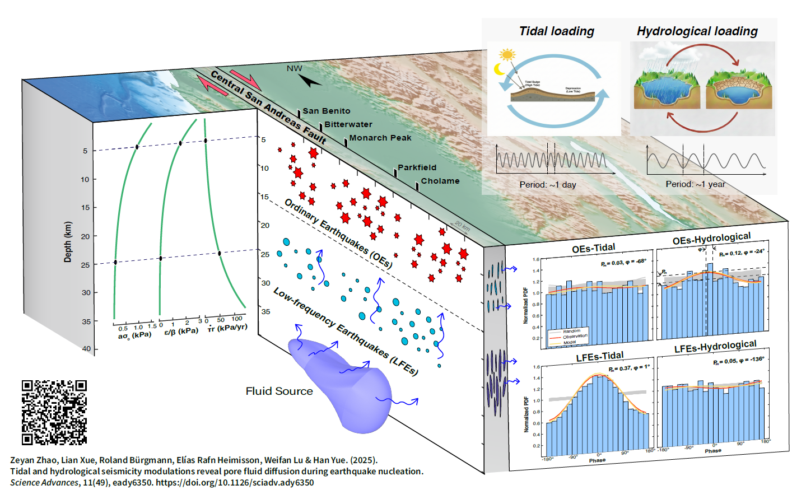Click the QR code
tap(54, 412)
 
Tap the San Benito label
tap(327, 111)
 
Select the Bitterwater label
tap(348, 124)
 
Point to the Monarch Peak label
tap(380, 138)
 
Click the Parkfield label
tap(417, 167)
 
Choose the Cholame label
tap(440, 181)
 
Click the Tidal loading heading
tap(556, 31)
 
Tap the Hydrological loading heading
tap(697, 31)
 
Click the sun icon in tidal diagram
tap(507, 54)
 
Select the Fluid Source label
tap(279, 391)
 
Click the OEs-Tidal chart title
tap(593, 248)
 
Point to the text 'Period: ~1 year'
tap(695, 184)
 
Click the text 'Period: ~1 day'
tap(547, 185)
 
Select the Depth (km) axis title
tap(68, 242)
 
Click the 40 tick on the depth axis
tap(86, 348)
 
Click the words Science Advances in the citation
tap(44, 483)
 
